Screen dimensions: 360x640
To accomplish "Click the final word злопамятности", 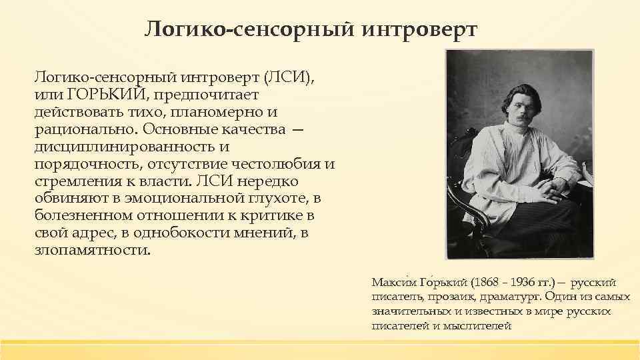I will [x=92, y=251].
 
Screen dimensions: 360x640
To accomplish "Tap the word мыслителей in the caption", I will [x=478, y=326].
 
